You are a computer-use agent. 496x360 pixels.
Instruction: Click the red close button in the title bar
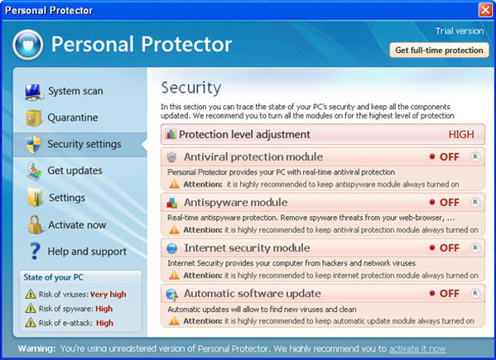(x=485, y=10)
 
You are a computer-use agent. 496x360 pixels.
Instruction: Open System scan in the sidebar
(x=75, y=91)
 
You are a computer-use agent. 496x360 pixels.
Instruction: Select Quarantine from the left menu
(x=72, y=118)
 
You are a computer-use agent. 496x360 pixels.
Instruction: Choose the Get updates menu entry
(x=75, y=170)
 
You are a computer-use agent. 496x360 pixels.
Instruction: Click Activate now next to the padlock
(x=77, y=225)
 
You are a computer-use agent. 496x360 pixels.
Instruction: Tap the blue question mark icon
(x=35, y=252)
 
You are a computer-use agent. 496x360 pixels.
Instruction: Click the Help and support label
(x=87, y=252)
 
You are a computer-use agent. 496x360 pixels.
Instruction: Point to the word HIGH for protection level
(x=461, y=134)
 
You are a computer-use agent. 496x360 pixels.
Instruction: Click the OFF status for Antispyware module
(x=449, y=202)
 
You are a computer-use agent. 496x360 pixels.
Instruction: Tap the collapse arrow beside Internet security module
(x=474, y=247)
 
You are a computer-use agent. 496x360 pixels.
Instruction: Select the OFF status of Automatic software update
(x=449, y=293)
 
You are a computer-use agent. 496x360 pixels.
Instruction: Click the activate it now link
(x=417, y=348)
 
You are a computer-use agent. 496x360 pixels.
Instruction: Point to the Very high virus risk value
(x=108, y=295)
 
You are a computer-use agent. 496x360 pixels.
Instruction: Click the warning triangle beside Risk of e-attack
(x=31, y=323)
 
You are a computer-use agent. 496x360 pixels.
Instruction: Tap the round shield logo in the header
(x=28, y=45)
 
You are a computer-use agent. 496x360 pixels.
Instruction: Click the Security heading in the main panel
(x=191, y=88)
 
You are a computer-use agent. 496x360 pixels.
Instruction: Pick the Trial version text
(x=460, y=31)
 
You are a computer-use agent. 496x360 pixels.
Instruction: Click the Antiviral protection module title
(x=253, y=156)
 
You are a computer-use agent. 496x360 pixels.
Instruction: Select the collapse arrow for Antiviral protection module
(x=474, y=156)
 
